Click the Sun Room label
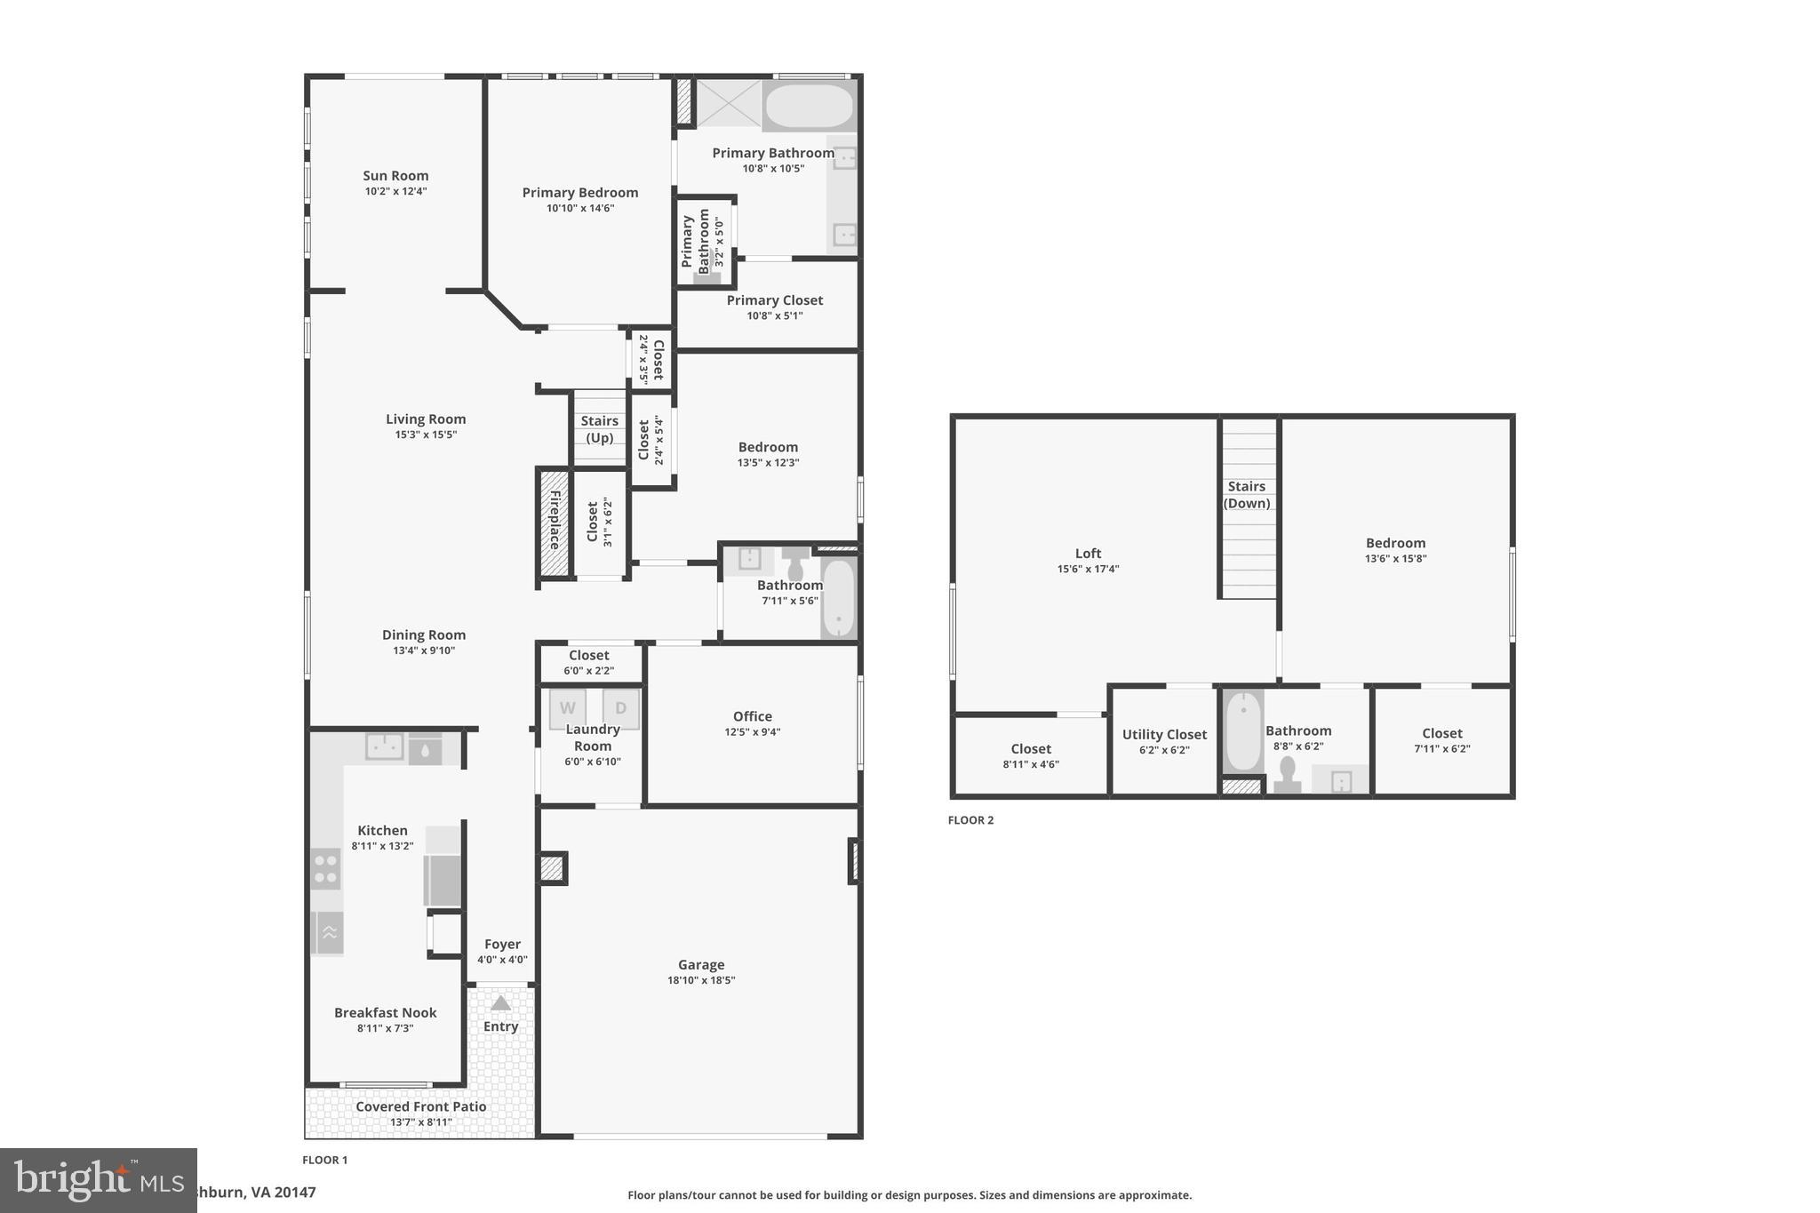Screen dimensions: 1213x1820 pos(395,176)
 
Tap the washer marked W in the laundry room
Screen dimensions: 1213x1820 pos(567,708)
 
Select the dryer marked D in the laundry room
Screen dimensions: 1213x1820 pos(620,708)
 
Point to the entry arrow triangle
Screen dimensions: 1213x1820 pos(500,1003)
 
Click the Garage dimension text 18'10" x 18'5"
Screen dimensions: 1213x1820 pos(701,980)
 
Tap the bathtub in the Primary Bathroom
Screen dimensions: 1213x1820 pos(809,106)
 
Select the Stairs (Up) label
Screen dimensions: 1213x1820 pos(599,429)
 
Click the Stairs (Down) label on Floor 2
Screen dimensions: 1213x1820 pos(1246,495)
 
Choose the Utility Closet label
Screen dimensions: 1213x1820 pos(1164,734)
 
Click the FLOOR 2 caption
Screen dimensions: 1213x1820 pos(970,820)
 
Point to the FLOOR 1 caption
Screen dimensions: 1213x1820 pos(324,1160)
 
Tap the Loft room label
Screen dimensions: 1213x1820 pos(1088,553)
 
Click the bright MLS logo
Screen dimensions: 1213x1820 pos(98,1180)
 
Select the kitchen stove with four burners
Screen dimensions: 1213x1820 pos(326,868)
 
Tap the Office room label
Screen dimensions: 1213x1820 pos(752,716)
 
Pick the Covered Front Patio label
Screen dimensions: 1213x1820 pos(420,1106)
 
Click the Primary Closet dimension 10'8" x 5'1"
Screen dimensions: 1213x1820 pos(774,315)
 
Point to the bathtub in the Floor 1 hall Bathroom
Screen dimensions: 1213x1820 pos(837,597)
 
